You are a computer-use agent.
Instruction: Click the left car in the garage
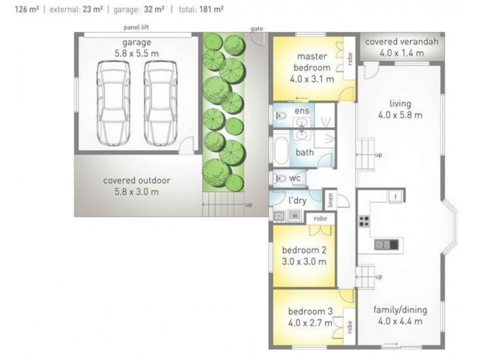click(x=113, y=103)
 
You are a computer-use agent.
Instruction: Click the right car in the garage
click(x=161, y=103)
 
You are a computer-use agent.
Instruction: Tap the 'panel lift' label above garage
click(x=136, y=27)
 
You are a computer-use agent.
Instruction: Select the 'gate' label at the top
click(x=257, y=29)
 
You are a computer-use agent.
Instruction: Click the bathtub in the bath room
click(x=281, y=151)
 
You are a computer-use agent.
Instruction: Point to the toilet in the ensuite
click(x=280, y=116)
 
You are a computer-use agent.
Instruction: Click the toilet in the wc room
click(x=280, y=178)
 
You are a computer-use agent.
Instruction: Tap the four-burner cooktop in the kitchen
click(x=364, y=221)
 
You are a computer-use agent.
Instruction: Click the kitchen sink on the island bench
click(x=386, y=244)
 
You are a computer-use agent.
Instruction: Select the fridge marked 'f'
click(x=395, y=197)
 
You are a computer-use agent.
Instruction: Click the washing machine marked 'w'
click(x=295, y=215)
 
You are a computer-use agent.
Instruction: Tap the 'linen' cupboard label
click(x=331, y=200)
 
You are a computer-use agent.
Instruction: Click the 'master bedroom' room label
click(x=311, y=62)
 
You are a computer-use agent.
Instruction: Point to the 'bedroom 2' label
click(x=304, y=250)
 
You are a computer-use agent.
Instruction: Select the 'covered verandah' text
click(x=401, y=41)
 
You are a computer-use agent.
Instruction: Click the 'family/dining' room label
click(x=400, y=310)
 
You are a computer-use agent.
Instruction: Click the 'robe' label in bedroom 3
click(x=350, y=327)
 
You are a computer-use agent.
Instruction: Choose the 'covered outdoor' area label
click(x=137, y=181)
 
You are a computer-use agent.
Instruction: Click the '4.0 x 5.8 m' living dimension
click(x=400, y=115)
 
